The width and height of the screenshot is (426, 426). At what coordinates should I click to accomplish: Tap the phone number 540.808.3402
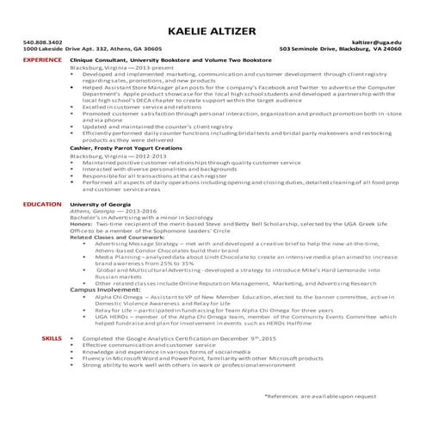(x=42, y=41)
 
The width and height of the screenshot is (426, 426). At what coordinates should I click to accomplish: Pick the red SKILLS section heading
(x=51, y=339)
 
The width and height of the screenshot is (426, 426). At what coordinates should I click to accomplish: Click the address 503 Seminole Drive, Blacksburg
(x=341, y=49)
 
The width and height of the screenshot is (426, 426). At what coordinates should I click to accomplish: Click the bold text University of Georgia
(x=99, y=204)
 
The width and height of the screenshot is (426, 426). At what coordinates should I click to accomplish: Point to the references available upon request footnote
(x=321, y=395)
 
